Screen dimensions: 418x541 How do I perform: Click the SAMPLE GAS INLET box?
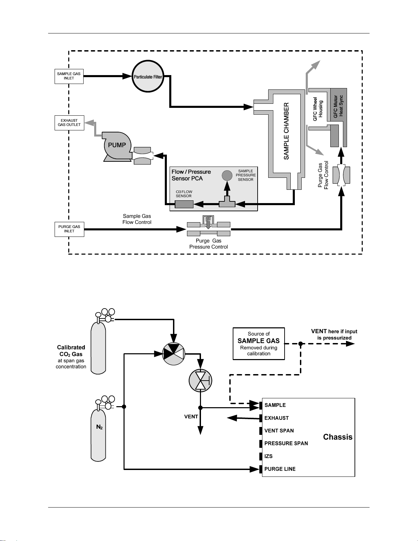69,76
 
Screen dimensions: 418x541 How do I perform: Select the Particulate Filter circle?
148,76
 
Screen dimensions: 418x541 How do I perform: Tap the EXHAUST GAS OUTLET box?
69,123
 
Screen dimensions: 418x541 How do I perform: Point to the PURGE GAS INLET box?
69,229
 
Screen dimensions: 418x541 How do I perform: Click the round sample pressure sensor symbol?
227,175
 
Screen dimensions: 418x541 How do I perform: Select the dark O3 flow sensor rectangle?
184,204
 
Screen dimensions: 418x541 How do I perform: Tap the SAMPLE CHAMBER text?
286,131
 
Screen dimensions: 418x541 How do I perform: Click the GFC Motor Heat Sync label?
338,106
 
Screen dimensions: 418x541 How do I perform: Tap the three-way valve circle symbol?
174,354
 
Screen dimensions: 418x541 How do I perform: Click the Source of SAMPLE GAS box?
259,344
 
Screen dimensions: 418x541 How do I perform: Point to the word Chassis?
337,437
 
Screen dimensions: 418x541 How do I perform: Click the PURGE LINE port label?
280,469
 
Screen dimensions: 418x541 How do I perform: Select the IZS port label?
269,456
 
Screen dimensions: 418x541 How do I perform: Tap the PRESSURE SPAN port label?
286,443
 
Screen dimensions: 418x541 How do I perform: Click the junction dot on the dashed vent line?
301,344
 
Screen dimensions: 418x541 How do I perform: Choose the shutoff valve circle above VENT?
201,381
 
